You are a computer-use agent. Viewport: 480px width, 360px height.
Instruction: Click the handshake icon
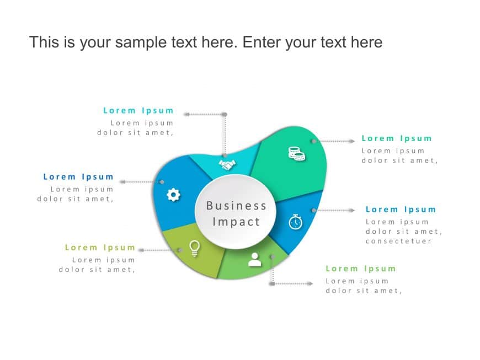[x=227, y=164]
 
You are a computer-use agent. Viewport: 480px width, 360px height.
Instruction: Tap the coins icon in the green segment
[x=296, y=154]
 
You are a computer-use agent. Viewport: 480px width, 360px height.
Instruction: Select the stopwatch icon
[x=296, y=222]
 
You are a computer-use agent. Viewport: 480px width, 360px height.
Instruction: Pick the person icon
[x=255, y=259]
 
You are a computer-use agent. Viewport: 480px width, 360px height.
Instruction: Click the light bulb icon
[x=194, y=248]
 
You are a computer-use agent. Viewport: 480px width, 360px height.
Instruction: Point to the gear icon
[x=173, y=195]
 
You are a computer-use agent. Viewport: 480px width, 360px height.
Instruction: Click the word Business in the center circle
[x=236, y=206]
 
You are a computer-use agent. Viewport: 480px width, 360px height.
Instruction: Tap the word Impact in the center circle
[x=236, y=222]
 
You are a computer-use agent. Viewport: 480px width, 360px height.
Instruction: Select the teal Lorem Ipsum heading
[x=138, y=110]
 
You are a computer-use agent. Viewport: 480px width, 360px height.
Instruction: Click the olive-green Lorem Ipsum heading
[x=100, y=248]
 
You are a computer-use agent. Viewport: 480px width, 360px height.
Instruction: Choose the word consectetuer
[x=398, y=241]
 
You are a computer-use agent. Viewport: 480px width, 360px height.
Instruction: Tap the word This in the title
[x=44, y=42]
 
